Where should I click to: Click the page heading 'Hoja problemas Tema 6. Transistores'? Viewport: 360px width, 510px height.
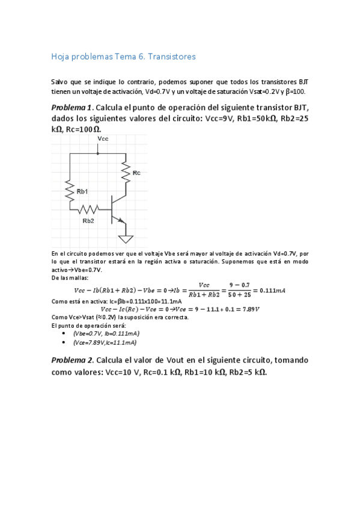point(123,57)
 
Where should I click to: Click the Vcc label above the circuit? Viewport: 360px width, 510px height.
point(102,139)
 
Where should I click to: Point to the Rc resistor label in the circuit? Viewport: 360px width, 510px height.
point(136,173)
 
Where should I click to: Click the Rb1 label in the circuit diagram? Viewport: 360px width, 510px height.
point(82,191)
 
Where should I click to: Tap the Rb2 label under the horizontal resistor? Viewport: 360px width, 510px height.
point(88,220)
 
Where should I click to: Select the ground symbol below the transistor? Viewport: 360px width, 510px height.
point(125,239)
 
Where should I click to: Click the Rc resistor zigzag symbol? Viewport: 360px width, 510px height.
point(126,173)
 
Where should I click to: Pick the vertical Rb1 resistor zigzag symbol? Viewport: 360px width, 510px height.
point(70,191)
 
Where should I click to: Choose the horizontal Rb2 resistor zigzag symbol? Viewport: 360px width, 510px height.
point(88,209)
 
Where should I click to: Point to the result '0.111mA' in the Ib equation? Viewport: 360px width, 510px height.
point(272,290)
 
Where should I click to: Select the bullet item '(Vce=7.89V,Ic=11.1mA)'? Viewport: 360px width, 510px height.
point(105,342)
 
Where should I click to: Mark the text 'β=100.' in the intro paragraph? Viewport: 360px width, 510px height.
point(294,91)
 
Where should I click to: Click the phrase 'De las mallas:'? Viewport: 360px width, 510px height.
point(70,278)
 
